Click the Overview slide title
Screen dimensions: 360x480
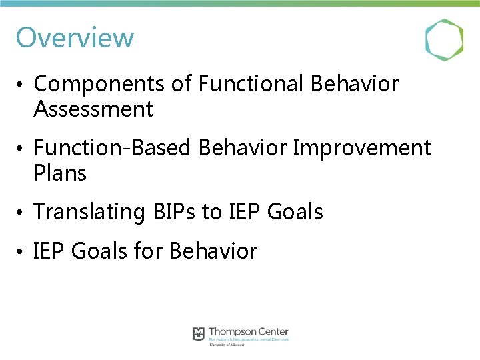pos(75,37)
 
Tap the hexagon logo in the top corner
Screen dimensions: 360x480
pos(444,41)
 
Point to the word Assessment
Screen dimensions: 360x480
pos(93,109)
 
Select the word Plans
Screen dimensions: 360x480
pos(60,173)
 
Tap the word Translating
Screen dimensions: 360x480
pos(89,212)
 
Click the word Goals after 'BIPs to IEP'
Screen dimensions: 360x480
pos(295,212)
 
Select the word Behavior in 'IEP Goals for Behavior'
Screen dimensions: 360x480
pos(213,251)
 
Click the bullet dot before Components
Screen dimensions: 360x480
pos(22,85)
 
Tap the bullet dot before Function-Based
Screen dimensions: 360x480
pos(22,149)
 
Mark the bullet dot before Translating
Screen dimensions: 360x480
pos(22,213)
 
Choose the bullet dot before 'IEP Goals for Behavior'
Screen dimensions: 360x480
pos(22,252)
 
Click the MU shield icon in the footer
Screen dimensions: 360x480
pos(199,333)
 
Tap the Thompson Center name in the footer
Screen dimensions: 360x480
pos(248,332)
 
